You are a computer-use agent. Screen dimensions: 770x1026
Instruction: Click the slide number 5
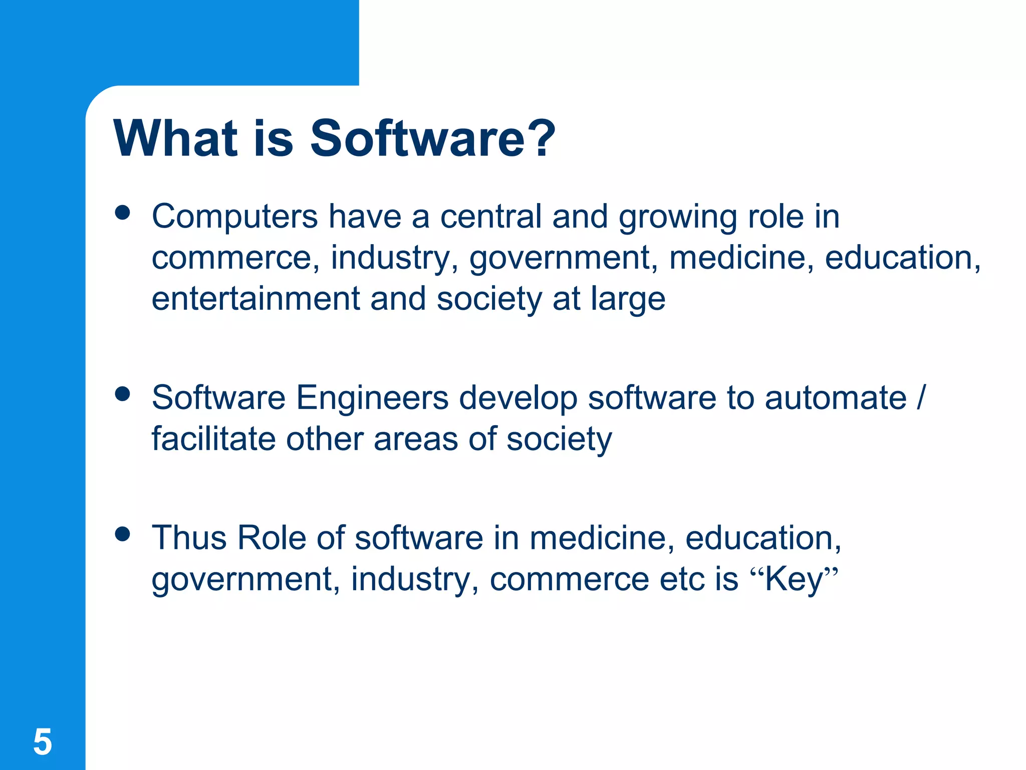coord(43,742)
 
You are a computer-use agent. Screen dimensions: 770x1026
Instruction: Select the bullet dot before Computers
coord(122,213)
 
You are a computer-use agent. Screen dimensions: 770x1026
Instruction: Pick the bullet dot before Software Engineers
coord(122,394)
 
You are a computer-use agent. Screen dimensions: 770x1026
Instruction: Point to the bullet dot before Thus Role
coord(122,534)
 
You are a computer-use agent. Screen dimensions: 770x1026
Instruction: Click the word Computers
coord(234,217)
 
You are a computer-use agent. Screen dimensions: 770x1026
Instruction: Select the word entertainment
coord(256,299)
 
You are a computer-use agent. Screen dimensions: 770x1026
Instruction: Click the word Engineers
coord(372,398)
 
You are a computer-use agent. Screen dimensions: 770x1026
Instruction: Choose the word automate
coord(836,398)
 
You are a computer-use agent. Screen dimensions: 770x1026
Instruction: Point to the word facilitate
coord(213,439)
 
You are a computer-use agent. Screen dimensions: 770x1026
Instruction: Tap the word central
coord(491,217)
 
